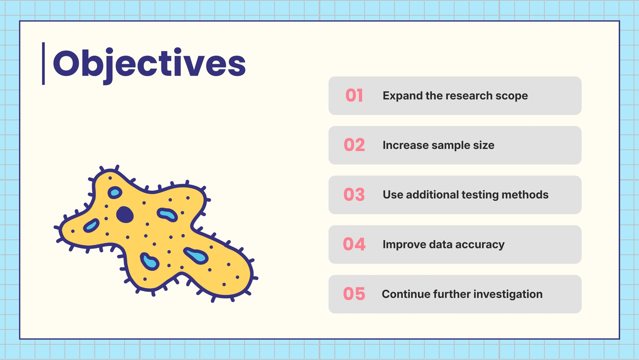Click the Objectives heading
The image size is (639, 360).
click(x=149, y=65)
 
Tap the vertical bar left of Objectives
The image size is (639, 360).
click(x=44, y=64)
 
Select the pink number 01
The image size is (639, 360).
click(x=354, y=96)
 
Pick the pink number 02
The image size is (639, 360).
click(x=354, y=145)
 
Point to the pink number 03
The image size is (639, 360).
click(x=354, y=194)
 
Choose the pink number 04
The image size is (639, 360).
click(x=354, y=244)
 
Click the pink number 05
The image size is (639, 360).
click(x=354, y=294)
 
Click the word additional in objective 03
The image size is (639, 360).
click(x=432, y=195)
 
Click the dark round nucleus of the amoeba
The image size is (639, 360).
click(x=125, y=214)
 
